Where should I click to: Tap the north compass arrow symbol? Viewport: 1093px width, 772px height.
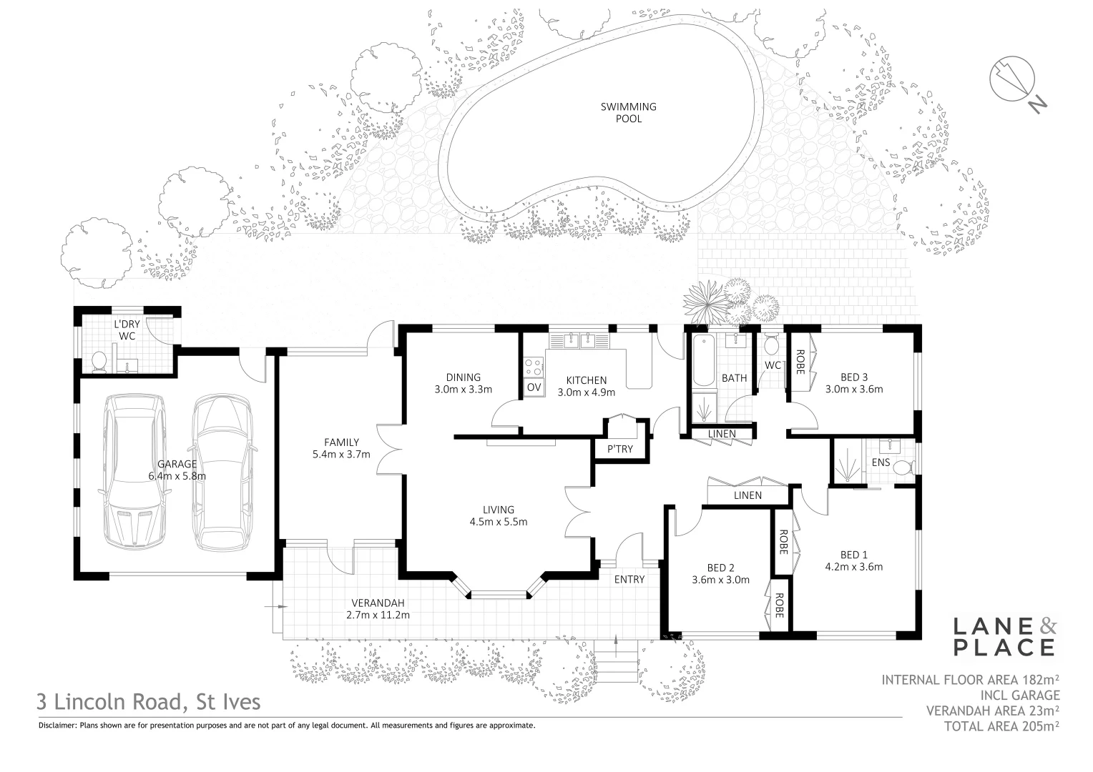[1011, 79]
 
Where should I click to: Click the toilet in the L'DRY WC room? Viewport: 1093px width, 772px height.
[100, 361]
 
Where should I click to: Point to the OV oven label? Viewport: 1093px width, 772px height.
[534, 387]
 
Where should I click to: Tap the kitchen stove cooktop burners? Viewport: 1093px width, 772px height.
[534, 367]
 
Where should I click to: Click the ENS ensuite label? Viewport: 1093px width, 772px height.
[881, 462]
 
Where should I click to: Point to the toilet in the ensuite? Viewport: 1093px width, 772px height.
[903, 467]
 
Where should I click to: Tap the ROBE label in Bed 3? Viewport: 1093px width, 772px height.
[800, 362]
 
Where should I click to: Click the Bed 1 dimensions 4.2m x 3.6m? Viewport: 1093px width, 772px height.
[853, 567]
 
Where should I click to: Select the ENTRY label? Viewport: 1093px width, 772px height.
[629, 579]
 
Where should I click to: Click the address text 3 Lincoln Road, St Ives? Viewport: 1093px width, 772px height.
[150, 702]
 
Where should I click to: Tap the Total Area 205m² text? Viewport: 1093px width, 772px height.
[1001, 725]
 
